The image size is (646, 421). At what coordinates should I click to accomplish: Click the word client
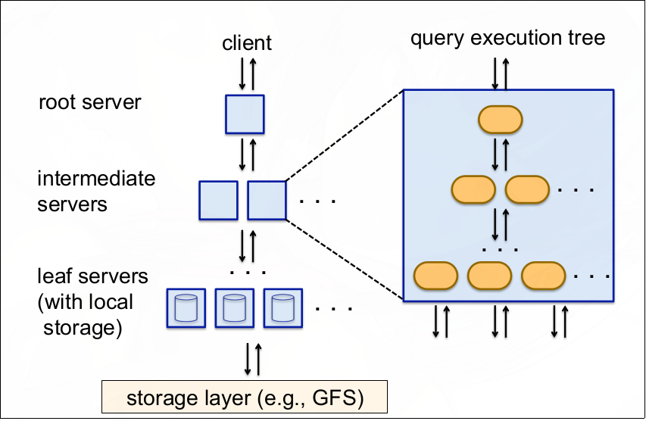point(247,43)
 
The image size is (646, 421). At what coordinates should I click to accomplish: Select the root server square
point(245,114)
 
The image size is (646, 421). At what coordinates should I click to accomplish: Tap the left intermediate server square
point(218,200)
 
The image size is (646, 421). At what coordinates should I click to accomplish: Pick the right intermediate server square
point(267,200)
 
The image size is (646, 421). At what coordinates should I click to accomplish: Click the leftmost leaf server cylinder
point(186,307)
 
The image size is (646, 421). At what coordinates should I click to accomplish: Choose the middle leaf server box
point(234,307)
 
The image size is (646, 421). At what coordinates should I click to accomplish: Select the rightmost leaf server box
point(282,307)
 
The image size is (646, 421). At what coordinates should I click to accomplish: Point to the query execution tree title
point(507,37)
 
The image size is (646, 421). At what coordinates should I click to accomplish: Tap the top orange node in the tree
point(501,119)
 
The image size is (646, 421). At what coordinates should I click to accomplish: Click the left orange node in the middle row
point(473,189)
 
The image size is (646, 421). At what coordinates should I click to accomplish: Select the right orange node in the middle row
point(527,189)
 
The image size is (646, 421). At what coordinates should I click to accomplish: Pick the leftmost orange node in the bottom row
point(435,275)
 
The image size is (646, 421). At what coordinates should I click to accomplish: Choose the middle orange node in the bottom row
point(490,275)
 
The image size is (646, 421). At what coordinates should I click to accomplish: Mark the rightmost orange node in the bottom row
point(544,275)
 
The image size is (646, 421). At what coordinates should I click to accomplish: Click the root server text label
point(89,101)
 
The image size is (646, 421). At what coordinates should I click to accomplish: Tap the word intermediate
point(96,179)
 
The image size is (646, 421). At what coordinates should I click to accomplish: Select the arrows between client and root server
point(248,73)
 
